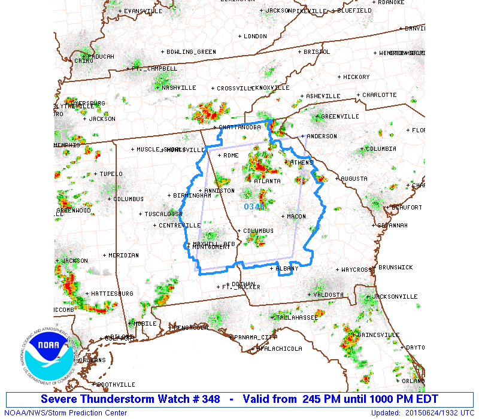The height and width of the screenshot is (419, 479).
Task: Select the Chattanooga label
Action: click(239, 127)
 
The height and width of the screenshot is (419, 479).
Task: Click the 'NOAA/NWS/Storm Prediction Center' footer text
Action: click(66, 412)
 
